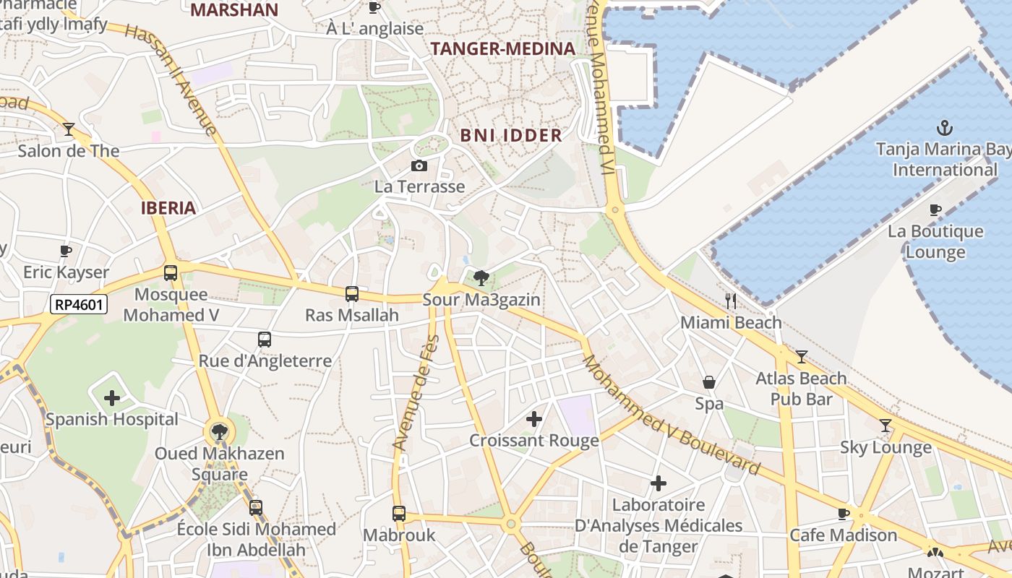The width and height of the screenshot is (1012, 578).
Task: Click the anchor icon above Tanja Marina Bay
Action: [944, 129]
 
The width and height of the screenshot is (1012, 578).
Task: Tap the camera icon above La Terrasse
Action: [419, 166]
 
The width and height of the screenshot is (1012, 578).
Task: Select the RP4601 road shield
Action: [79, 304]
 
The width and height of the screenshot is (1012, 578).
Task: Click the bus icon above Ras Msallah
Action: [352, 294]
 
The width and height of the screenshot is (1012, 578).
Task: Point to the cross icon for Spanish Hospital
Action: [112, 397]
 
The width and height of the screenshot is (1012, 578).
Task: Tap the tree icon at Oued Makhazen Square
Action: [218, 432]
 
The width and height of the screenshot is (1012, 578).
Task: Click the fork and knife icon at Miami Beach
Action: [731, 301]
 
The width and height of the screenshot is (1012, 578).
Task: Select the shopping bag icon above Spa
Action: [709, 382]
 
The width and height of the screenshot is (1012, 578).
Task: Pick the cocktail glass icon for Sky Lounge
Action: [885, 426]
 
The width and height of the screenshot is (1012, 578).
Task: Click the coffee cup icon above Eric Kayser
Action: [66, 251]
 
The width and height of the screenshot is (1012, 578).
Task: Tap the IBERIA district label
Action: [168, 209]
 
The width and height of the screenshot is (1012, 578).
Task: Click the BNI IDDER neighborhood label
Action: [511, 135]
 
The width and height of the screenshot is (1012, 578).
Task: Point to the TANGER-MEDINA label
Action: [503, 49]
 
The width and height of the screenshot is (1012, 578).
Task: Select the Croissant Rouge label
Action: [534, 441]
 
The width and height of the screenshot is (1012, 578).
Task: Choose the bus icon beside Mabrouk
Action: [399, 514]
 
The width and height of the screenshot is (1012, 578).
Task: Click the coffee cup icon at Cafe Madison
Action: [843, 514]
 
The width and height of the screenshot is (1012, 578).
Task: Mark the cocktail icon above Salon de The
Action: [69, 129]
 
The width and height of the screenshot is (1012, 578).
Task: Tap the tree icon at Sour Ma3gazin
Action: [480, 277]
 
